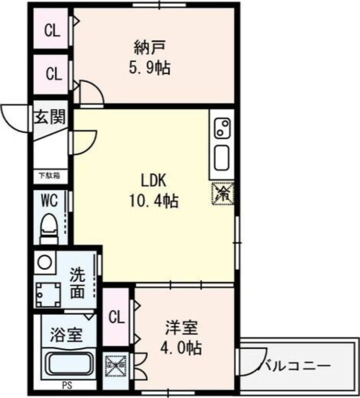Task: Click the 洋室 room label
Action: point(182,328)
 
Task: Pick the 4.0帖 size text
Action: point(183,348)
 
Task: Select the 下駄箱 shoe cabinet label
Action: point(50,175)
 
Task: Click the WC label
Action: point(49,201)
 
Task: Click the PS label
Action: point(66,385)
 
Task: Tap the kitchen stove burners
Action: point(222,128)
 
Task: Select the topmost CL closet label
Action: point(52,31)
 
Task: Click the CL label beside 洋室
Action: point(117,317)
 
